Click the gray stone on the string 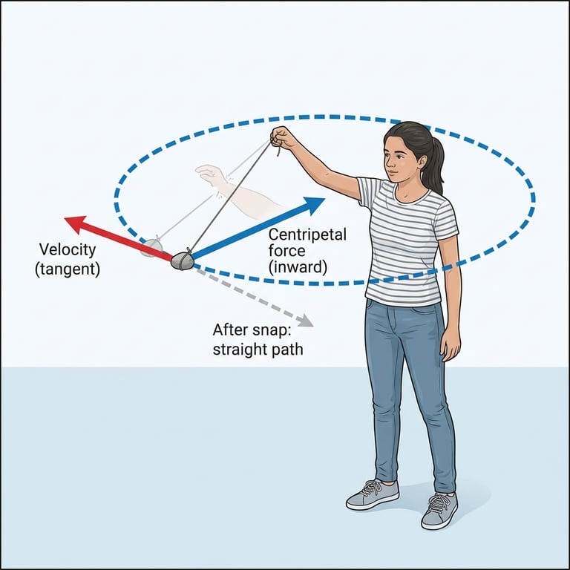[x=182, y=261]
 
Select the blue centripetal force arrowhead [x=316, y=202]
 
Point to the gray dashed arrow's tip [x=308, y=323]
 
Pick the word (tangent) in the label [x=67, y=269]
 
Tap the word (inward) [x=298, y=267]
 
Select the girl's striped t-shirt [x=407, y=237]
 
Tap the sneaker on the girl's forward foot [x=372, y=494]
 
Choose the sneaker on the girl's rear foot [x=439, y=511]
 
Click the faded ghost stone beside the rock [x=152, y=247]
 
